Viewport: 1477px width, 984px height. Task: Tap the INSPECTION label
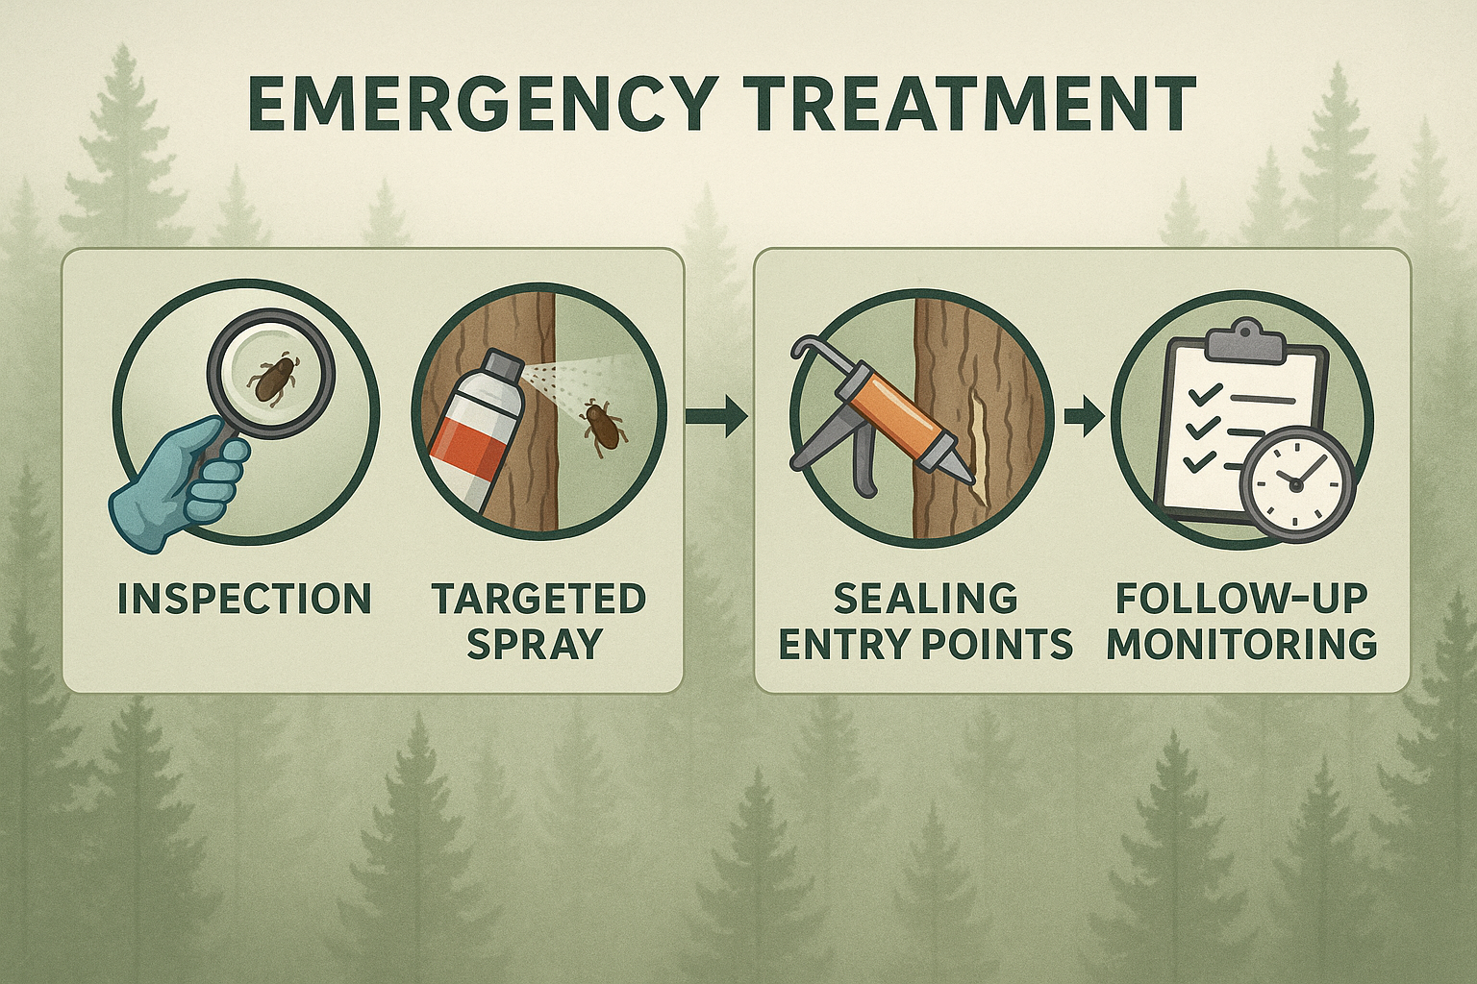(x=244, y=599)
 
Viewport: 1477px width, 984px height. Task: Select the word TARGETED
(x=538, y=599)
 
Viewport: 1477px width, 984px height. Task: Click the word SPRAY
(x=536, y=643)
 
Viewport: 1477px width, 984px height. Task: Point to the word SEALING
(x=925, y=599)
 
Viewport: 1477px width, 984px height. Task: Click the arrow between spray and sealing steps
(x=716, y=416)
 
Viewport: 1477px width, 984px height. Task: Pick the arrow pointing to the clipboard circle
(x=1085, y=416)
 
